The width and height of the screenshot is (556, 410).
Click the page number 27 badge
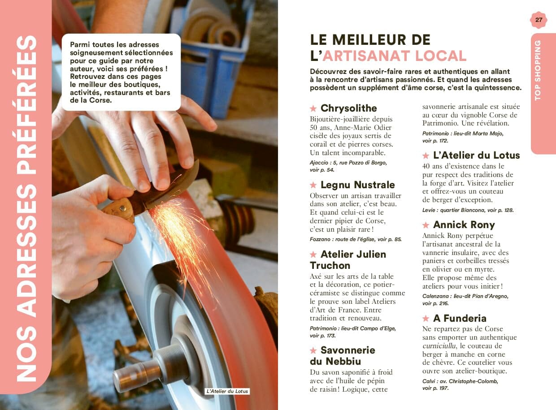pos(539,20)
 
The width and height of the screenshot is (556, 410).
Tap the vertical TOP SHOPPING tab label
pos(538,70)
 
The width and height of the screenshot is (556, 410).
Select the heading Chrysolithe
pos(348,108)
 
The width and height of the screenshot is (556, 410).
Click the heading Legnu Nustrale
pos(357,185)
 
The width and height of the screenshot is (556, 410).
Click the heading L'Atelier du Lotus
pos(476,155)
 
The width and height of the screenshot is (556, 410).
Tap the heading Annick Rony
pos(464,225)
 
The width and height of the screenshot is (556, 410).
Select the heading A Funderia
pos(460,319)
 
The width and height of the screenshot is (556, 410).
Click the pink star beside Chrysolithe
pos(313,109)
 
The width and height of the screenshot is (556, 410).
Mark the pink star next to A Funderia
pos(426,319)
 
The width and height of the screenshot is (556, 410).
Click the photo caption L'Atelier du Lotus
pos(227,391)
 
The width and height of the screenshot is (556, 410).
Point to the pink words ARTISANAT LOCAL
pos(395,56)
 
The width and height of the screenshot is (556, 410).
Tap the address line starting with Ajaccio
pos(348,163)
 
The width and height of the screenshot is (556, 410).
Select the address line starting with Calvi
pos(460,381)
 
